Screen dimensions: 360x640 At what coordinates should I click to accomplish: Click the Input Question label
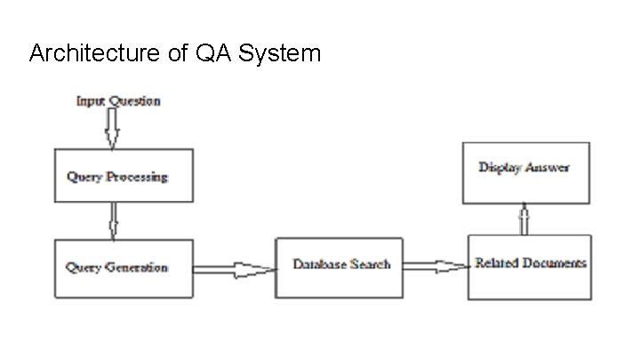coord(117,100)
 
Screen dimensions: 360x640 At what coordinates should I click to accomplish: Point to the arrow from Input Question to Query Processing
coord(111,128)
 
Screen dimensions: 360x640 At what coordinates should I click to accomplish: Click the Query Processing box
coord(123,175)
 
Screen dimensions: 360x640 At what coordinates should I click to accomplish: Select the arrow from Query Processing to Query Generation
coord(113,220)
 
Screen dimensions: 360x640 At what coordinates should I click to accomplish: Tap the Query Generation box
coord(123,268)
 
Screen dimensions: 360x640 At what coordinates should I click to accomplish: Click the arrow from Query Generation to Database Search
coord(234,268)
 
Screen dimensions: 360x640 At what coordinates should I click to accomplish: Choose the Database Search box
coord(339,267)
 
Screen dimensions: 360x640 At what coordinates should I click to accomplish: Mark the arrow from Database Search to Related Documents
coord(436,265)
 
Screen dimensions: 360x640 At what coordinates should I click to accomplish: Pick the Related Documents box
coord(530,266)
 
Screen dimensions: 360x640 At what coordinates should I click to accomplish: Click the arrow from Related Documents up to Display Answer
coord(524,219)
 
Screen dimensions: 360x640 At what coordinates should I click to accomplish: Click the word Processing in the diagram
coord(137,177)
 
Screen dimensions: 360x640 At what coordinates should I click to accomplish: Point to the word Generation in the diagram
coord(137,268)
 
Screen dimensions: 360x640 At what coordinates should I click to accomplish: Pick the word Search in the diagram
coord(370,265)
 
